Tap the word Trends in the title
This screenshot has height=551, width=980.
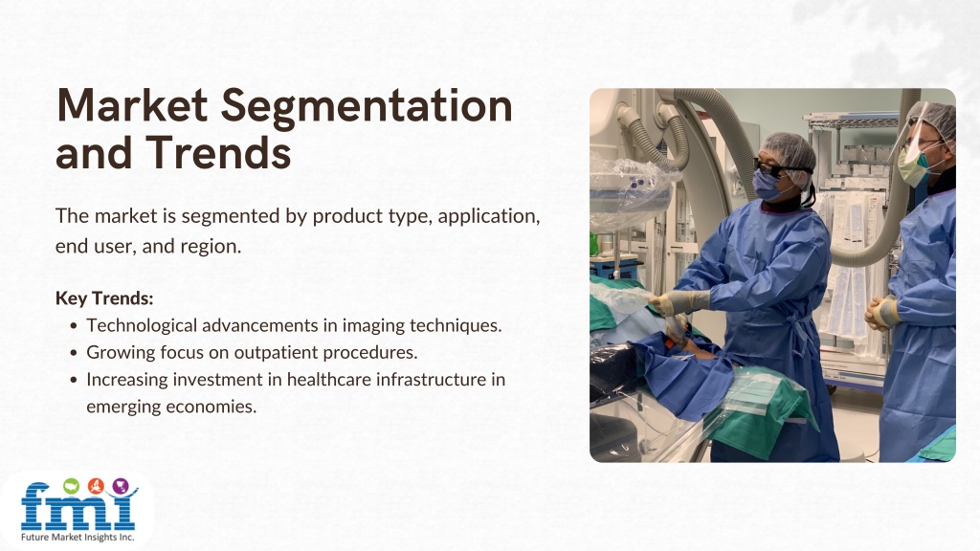click(x=218, y=153)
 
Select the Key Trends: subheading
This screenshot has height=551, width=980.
click(x=104, y=298)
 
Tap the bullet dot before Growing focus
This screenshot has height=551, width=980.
click(x=75, y=353)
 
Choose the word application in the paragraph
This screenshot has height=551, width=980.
click(x=488, y=216)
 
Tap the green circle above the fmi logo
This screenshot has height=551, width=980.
click(x=71, y=485)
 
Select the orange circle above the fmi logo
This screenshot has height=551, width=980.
click(x=96, y=485)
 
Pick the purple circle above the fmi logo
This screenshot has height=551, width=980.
click(x=121, y=485)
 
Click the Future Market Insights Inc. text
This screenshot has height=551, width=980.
click(x=78, y=538)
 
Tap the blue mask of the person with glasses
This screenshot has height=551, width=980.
click(x=767, y=185)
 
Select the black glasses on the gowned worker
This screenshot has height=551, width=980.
click(x=775, y=169)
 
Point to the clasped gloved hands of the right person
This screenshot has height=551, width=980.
click(x=882, y=312)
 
